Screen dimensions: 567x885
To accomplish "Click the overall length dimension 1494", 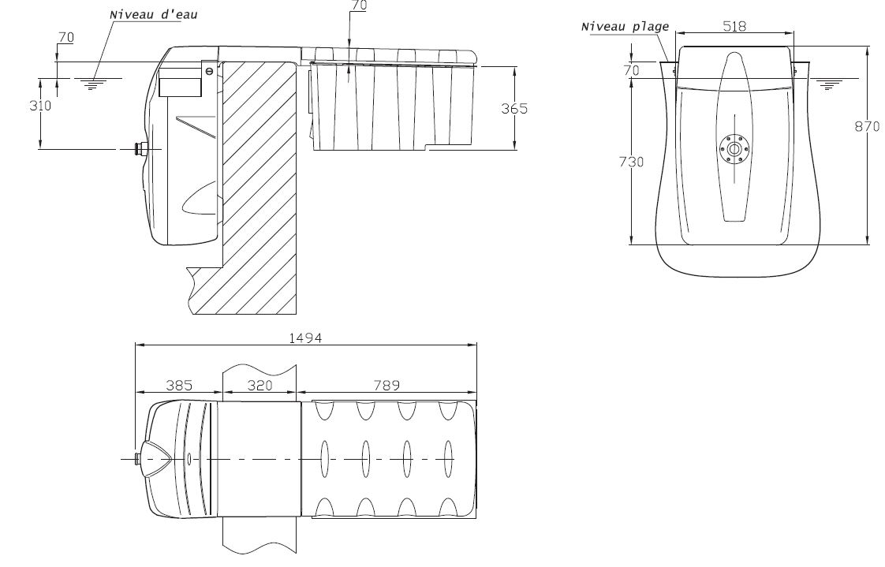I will tap(306, 338).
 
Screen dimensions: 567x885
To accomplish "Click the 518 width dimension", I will tap(735, 26).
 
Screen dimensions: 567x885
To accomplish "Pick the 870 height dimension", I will tap(867, 126).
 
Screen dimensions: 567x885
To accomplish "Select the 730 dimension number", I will tap(632, 162).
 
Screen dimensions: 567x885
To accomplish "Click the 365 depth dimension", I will tap(514, 108).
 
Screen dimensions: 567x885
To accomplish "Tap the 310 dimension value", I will tap(39, 105).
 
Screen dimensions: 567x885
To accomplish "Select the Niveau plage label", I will tap(625, 26).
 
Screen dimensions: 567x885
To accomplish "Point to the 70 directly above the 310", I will tap(66, 37).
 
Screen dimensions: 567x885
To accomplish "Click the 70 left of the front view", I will tap(631, 70).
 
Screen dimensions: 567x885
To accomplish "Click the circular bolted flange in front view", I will tap(734, 148).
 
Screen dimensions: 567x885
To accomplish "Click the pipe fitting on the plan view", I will tap(140, 459).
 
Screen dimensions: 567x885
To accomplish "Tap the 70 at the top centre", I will tap(359, 4).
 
